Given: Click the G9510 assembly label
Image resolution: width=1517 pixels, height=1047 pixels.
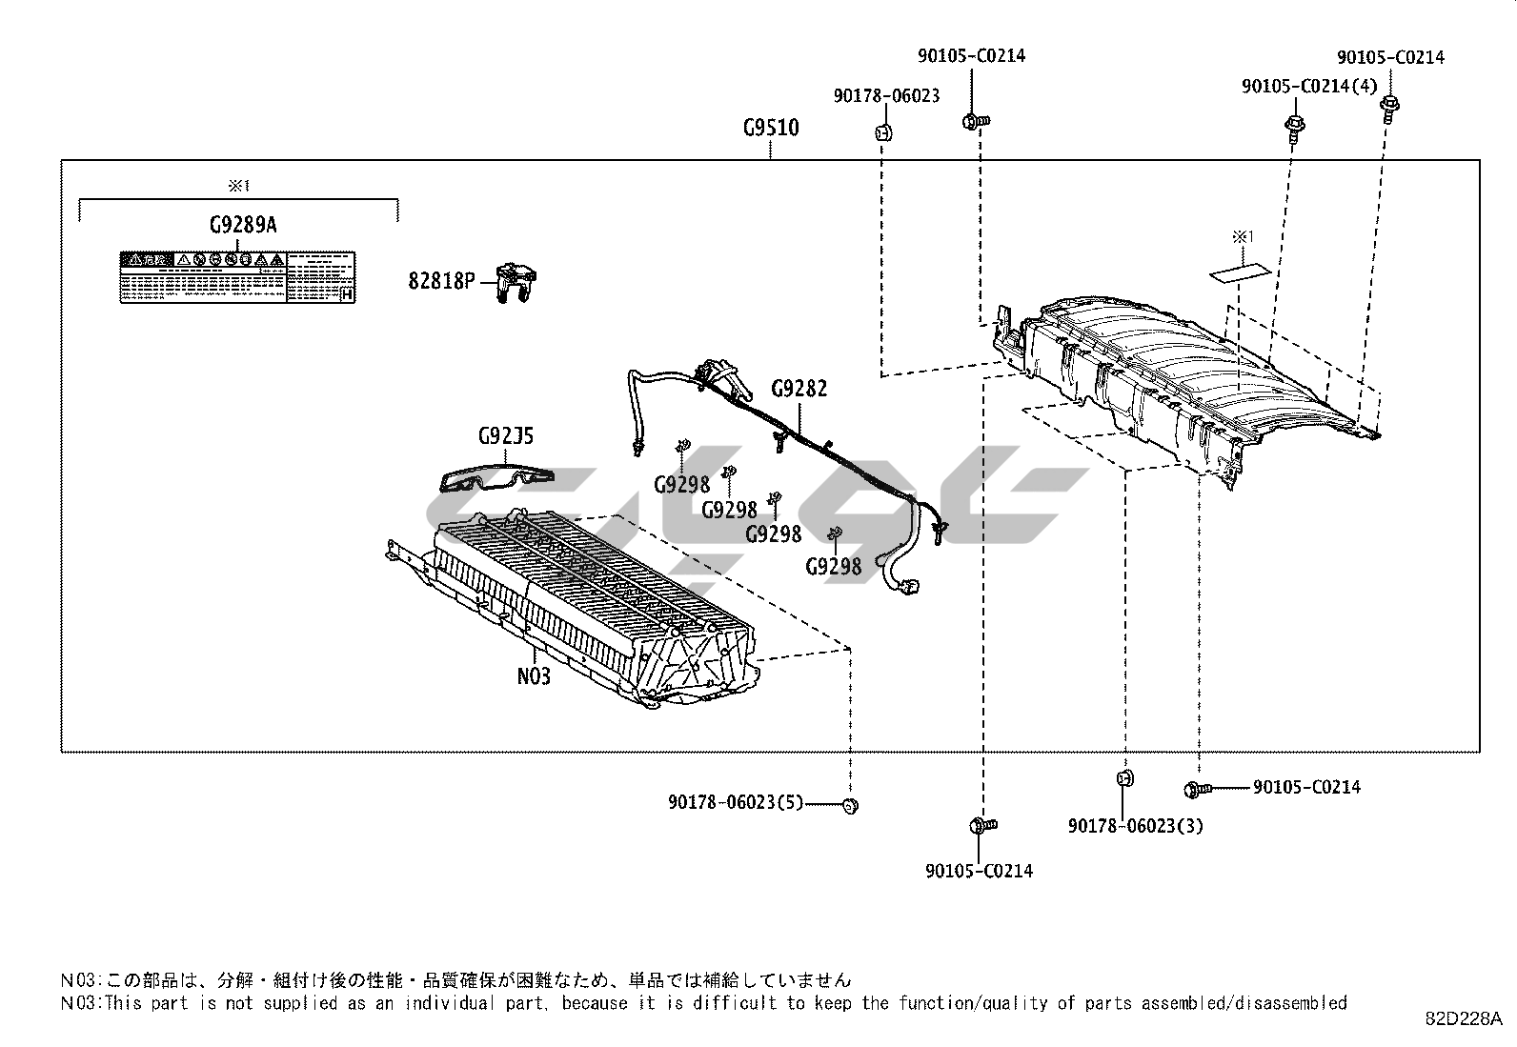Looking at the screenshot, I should click(x=771, y=128).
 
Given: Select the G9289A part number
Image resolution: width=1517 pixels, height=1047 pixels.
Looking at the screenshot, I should click(x=243, y=225).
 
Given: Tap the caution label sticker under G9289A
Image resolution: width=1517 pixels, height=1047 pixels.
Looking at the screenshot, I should click(x=238, y=277).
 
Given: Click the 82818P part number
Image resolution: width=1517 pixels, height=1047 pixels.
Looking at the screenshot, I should click(x=441, y=281).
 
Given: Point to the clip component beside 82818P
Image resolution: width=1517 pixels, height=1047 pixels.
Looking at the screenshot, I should click(x=516, y=283).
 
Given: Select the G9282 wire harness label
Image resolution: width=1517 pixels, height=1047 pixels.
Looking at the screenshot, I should click(x=799, y=389).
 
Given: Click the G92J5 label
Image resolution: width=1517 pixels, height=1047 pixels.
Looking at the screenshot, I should click(x=506, y=436).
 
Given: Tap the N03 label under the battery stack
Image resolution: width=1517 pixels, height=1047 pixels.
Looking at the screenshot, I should click(x=534, y=675).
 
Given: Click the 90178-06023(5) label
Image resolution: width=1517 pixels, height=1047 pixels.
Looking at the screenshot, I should click(x=737, y=803).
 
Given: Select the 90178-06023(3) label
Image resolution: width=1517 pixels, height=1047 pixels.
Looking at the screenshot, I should click(x=1135, y=826).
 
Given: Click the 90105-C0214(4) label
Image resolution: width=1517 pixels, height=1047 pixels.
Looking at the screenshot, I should click(x=1309, y=87).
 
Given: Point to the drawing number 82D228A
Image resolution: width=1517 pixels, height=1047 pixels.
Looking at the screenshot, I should click(x=1464, y=1017).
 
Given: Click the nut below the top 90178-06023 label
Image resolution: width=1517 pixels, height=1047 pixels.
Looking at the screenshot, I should click(x=882, y=132).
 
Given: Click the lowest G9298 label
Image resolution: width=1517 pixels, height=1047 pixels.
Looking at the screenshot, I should click(x=833, y=567).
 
